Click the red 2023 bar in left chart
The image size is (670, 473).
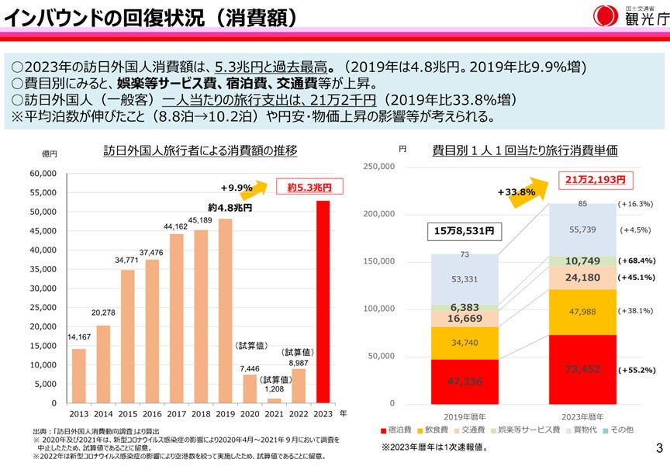tap(323, 302)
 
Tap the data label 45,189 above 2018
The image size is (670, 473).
tap(200, 220)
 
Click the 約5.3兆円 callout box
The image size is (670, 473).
tap(309, 187)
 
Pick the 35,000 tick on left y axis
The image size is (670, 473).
tap(43, 269)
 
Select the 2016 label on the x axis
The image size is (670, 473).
tap(151, 415)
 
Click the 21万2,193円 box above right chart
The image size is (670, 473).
tap(595, 180)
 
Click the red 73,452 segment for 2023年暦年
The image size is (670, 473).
tap(582, 369)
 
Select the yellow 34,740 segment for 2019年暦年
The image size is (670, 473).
tap(465, 343)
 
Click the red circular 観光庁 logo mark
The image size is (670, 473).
tap(606, 16)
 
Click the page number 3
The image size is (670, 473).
tap(658, 447)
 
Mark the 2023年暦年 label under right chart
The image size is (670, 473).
tap(583, 416)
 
